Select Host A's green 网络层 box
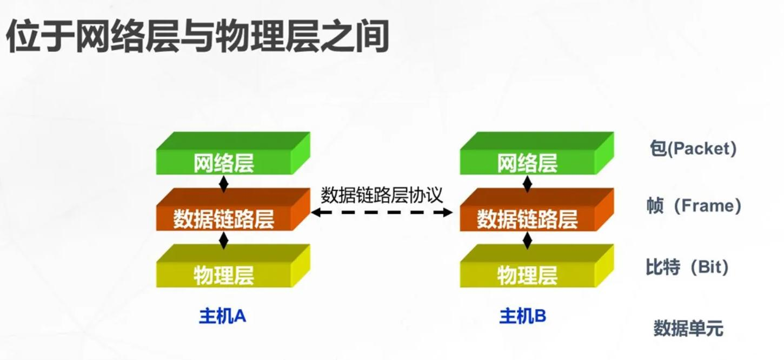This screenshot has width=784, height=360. pos(224,163)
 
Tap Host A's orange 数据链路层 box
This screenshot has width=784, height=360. pos(224,219)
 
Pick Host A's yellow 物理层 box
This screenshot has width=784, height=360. pos(224,275)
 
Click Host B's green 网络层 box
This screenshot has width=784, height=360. pos(527,163)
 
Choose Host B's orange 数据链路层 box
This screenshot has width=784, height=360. pos(527,219)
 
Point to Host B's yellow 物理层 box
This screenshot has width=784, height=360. pos(527,275)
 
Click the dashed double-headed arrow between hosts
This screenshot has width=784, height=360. pos(382,212)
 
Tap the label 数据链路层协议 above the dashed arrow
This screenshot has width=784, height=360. pos(382,195)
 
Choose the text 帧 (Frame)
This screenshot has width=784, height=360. pos(694,206)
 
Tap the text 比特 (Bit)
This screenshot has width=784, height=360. pos(687,267)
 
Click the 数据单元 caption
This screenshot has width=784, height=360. pos(688,328)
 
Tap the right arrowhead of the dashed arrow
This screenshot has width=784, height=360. pos(447,212)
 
